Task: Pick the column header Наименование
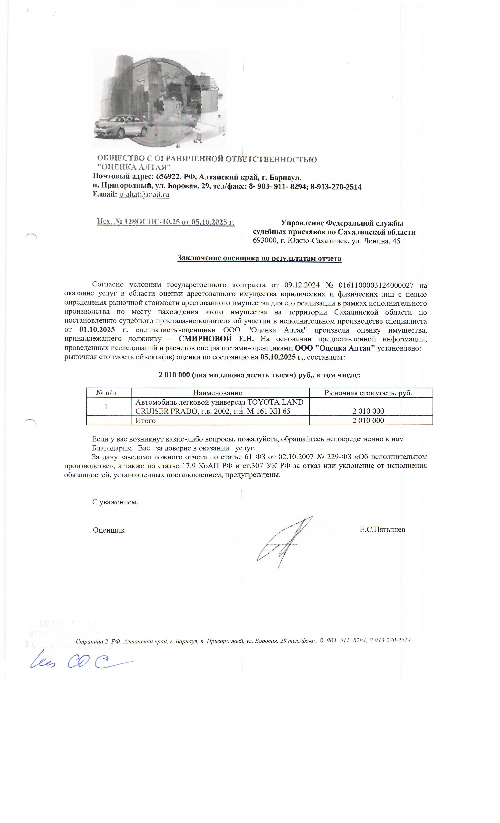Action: tap(218, 393)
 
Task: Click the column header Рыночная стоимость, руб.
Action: tap(368, 393)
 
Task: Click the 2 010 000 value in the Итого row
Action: tap(368, 421)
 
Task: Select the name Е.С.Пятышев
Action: tap(382, 529)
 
